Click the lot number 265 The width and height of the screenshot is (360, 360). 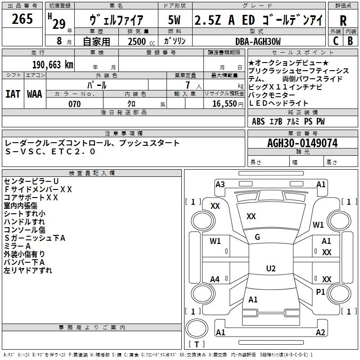click(x=22, y=19)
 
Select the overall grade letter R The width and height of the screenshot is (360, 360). click(x=343, y=21)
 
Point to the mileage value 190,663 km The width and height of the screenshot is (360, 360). click(x=53, y=65)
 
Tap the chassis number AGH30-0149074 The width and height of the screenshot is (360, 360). click(x=302, y=143)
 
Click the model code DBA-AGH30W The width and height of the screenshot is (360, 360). click(x=258, y=42)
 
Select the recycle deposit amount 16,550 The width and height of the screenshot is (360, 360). click(x=224, y=104)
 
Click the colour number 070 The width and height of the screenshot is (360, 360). click(x=74, y=104)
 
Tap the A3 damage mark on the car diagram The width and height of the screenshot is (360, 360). click(x=220, y=184)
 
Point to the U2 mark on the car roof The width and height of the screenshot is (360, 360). click(x=270, y=269)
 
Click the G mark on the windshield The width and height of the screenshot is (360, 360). click(x=257, y=237)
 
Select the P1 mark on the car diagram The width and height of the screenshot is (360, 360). click(x=320, y=292)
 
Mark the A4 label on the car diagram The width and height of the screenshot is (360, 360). click(x=215, y=279)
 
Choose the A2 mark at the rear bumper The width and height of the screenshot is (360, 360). click(x=320, y=333)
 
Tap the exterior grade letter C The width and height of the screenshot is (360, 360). click(x=336, y=42)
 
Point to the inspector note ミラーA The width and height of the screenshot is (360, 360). click(x=17, y=246)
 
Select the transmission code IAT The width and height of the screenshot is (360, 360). click(x=13, y=94)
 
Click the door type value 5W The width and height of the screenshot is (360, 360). click(x=175, y=20)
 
